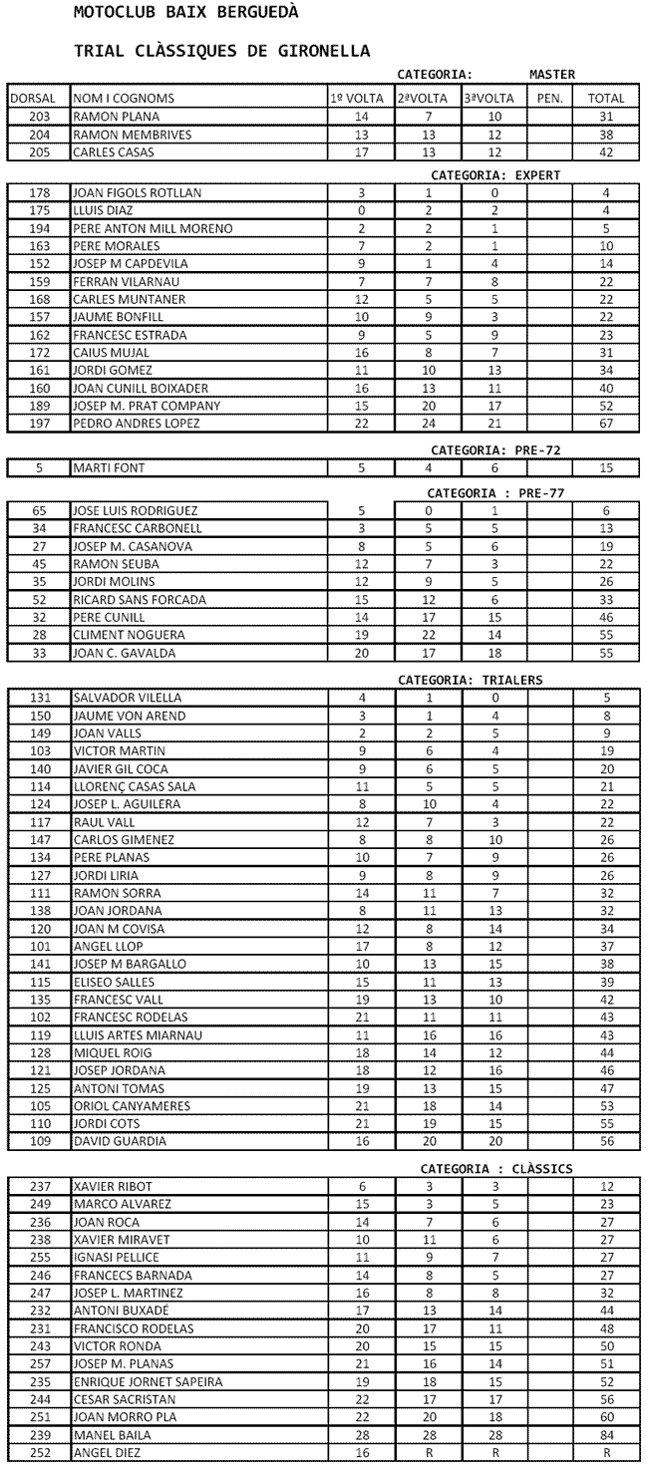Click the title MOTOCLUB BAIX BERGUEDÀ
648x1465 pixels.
pos(185,14)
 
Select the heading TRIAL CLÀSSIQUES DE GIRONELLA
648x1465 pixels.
pos(222,50)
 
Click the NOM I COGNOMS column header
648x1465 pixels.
pos(124,99)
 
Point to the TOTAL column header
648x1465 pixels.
pos(606,99)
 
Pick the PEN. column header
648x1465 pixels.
pos(549,99)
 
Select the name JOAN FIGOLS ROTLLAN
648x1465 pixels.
pos(138,192)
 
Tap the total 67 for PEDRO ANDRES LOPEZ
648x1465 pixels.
pos(606,424)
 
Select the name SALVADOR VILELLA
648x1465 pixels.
pos(126,698)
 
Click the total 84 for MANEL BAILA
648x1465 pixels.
pos(606,1435)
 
